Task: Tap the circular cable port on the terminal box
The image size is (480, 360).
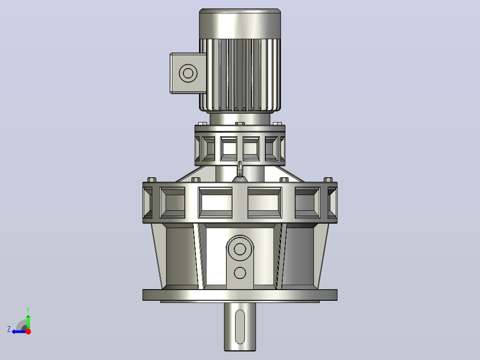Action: click(x=188, y=73)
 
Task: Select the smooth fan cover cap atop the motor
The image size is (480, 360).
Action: click(x=240, y=24)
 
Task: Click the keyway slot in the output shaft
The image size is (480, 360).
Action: click(x=240, y=327)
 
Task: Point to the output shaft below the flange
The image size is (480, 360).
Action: click(x=240, y=327)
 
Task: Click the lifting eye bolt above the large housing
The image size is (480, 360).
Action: click(x=240, y=169)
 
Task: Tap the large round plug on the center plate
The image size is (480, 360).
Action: click(x=240, y=249)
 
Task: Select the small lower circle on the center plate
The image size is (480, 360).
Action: click(x=240, y=273)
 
